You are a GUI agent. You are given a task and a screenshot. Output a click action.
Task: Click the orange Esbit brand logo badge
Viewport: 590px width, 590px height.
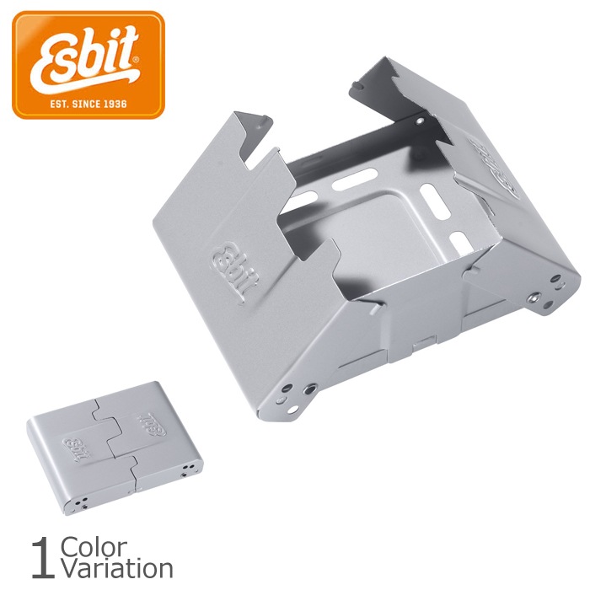pos(88,65)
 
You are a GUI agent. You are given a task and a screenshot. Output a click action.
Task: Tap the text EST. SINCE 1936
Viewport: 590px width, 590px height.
pos(88,104)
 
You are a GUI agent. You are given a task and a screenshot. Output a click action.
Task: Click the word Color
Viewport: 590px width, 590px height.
pos(94,548)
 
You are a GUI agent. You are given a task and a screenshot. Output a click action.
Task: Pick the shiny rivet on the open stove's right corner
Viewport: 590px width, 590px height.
pos(533,298)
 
